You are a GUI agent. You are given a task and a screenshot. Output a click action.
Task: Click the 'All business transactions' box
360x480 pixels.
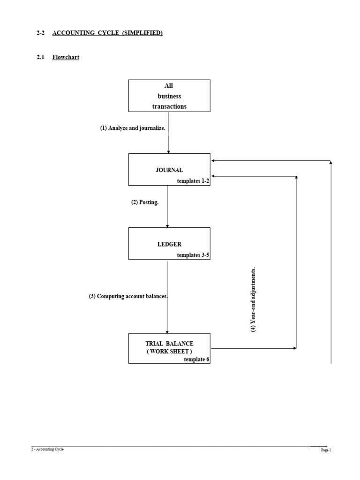[169, 96]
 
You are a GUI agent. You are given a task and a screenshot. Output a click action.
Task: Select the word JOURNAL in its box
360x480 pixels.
[169, 170]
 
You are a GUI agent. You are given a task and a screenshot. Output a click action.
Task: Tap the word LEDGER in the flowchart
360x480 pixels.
[169, 244]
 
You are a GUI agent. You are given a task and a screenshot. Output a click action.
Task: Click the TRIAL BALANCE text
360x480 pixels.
[169, 344]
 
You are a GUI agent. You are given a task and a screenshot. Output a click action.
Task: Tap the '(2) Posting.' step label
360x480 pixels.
[145, 202]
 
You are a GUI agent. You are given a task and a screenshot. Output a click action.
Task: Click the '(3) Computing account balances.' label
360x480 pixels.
[128, 297]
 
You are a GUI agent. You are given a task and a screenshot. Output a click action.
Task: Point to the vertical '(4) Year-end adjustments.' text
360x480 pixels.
[254, 300]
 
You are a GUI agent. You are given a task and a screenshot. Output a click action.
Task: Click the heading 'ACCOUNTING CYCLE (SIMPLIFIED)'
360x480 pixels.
[107, 33]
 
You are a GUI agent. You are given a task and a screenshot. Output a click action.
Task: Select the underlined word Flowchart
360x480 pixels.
[66, 58]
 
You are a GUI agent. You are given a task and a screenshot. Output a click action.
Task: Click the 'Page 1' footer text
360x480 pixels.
[326, 450]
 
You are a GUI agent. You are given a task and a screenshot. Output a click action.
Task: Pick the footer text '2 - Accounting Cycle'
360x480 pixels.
[47, 449]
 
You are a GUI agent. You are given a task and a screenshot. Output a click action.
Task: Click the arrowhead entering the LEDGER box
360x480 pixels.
[167, 225]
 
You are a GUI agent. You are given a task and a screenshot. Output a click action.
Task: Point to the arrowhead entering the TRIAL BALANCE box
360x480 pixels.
[167, 331]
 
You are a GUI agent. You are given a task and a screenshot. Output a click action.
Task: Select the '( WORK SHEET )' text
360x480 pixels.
[169, 351]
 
